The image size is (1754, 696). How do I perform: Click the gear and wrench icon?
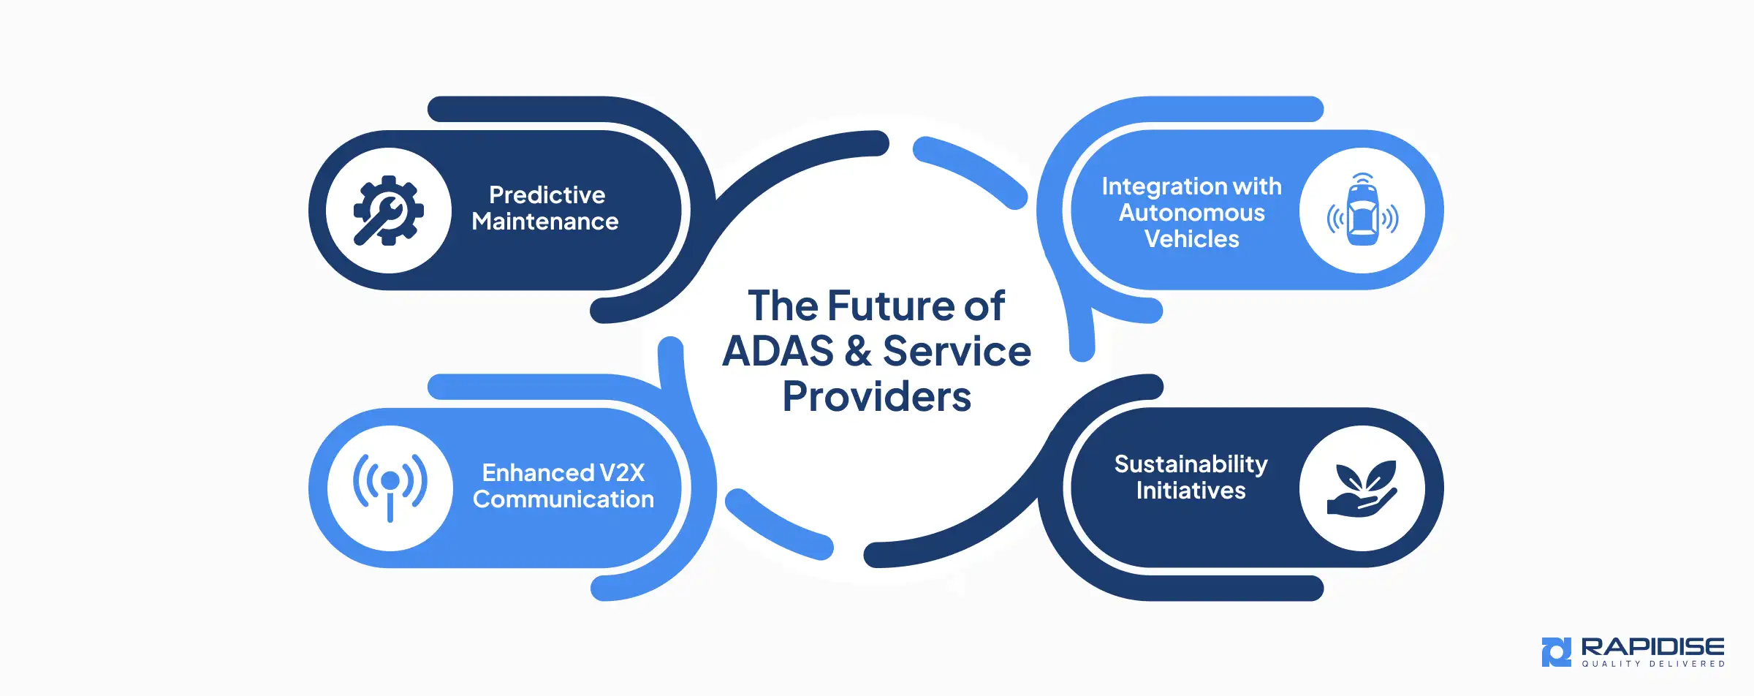pyautogui.click(x=388, y=211)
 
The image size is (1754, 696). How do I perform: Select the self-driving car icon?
pyautogui.click(x=1362, y=211)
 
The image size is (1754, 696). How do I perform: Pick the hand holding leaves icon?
pyautogui.click(x=1362, y=488)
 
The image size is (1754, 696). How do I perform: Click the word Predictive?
pyautogui.click(x=547, y=195)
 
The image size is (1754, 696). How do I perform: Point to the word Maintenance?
pyautogui.click(x=545, y=222)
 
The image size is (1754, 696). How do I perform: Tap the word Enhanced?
pyautogui.click(x=538, y=473)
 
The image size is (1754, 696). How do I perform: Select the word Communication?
pyautogui.click(x=563, y=499)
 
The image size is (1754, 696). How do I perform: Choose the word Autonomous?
pyautogui.click(x=1191, y=213)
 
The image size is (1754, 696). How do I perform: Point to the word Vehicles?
pyautogui.click(x=1191, y=239)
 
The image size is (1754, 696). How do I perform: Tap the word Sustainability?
pyautogui.click(x=1191, y=464)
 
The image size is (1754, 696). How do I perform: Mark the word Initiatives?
pyautogui.click(x=1191, y=491)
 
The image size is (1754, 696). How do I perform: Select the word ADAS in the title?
pyautogui.click(x=778, y=352)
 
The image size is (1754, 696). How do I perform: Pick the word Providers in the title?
pyautogui.click(x=876, y=397)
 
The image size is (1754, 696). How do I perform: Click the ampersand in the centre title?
pyautogui.click(x=858, y=352)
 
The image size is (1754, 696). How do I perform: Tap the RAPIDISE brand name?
pyautogui.click(x=1652, y=647)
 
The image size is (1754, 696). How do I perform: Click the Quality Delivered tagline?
pyautogui.click(x=1653, y=664)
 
